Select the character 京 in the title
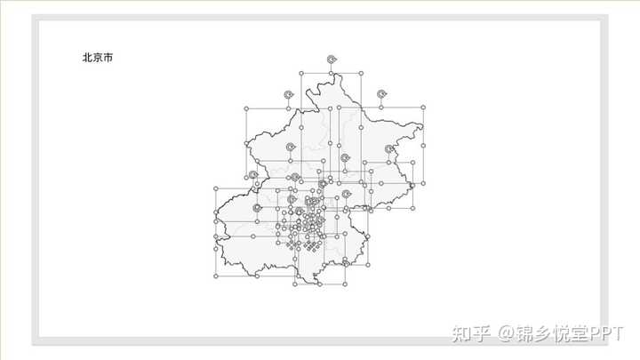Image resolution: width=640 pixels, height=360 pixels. (97, 58)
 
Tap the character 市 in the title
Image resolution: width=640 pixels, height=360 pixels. (108, 58)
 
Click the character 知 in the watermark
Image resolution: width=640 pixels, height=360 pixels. (460, 334)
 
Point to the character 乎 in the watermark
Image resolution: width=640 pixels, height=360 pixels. (481, 334)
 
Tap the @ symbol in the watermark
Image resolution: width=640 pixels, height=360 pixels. (506, 334)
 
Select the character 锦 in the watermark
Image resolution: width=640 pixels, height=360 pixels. (527, 334)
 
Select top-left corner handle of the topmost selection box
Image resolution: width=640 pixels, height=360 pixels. (302, 73)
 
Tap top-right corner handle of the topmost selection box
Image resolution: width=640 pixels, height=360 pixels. (361, 73)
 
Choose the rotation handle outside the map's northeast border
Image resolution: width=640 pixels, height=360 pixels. (382, 93)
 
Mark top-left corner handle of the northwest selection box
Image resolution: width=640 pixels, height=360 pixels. (246, 108)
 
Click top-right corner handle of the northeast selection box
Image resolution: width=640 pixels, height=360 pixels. (423, 108)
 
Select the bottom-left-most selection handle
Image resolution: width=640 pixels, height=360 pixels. (216, 276)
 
